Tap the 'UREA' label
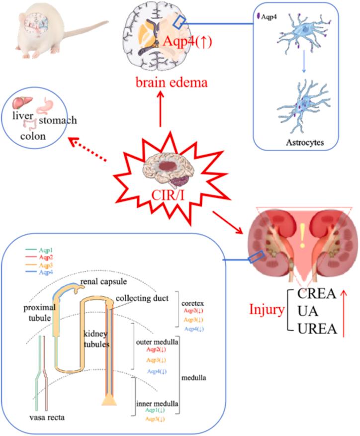(x=314, y=329)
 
